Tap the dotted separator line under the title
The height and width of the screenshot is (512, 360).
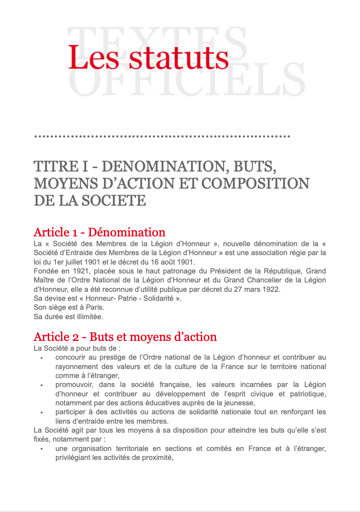coord(162,137)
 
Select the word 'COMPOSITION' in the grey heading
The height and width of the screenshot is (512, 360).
coord(255,183)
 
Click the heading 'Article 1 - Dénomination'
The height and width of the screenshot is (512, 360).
coord(99,233)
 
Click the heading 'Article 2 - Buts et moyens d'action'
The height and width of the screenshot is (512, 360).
coord(125,337)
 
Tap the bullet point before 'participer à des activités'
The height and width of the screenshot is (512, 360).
coord(41,413)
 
